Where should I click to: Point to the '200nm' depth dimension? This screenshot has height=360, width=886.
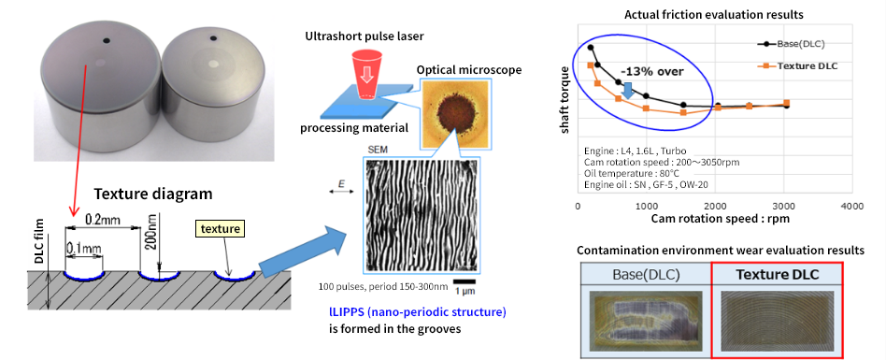click(154, 230)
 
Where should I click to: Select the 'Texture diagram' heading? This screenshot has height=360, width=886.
click(153, 194)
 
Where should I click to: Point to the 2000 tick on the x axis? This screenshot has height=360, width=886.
click(715, 206)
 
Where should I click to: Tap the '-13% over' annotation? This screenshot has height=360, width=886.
click(651, 72)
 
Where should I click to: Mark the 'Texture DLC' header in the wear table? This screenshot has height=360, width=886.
click(778, 275)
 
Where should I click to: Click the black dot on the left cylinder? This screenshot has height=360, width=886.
click(106, 40)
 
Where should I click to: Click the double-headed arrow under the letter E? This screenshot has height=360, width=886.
click(339, 192)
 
